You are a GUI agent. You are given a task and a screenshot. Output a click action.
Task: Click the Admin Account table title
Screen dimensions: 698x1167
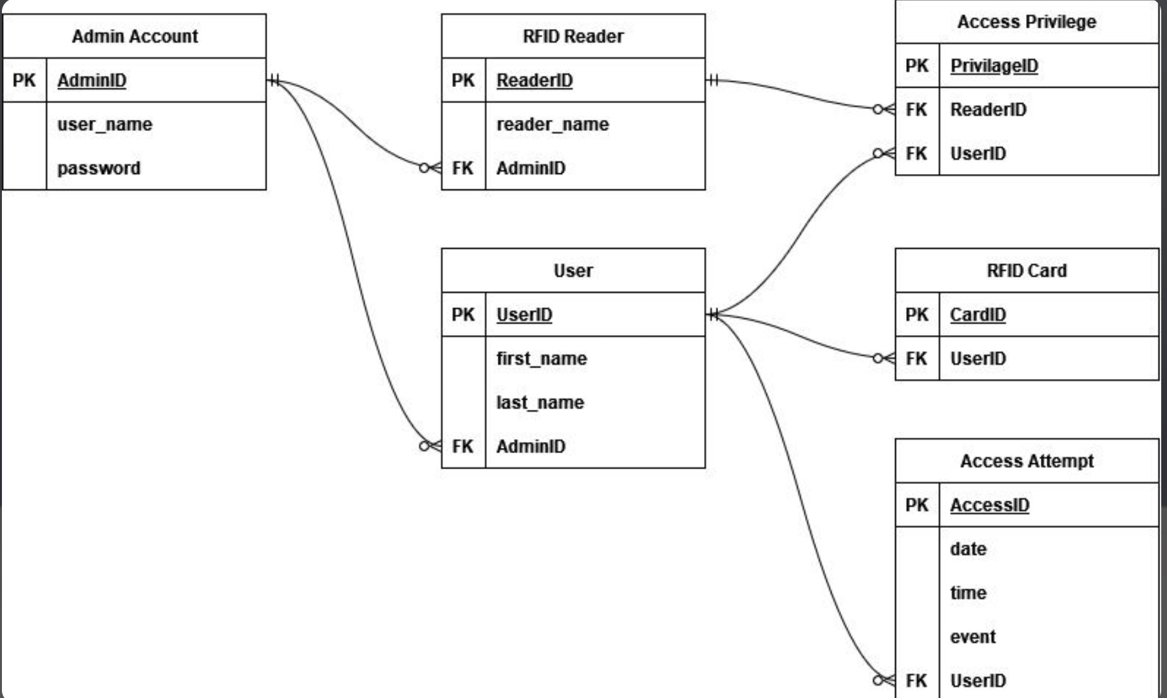(135, 36)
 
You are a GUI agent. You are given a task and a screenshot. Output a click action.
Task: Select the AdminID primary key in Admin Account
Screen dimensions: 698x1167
(91, 81)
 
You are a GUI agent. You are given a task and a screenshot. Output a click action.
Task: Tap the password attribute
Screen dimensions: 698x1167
(99, 168)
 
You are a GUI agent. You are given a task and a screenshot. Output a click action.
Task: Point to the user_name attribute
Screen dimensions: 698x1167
(104, 124)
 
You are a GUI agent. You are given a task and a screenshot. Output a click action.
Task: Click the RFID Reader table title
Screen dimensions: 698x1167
(573, 36)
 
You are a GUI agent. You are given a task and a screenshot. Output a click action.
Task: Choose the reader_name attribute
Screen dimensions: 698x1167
(552, 124)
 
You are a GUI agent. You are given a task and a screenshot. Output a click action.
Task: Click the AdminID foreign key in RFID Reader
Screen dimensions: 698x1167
(531, 168)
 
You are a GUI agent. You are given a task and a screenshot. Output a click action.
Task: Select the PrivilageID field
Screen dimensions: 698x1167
(994, 66)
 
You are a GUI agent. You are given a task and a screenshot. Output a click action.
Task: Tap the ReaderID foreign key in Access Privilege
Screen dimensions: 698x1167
(988, 110)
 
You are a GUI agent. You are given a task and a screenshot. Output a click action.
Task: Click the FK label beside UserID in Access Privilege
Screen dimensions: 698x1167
(916, 153)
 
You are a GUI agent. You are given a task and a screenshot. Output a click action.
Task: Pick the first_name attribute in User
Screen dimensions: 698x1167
(541, 358)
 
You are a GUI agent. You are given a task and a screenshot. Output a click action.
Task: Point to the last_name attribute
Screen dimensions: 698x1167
(540, 402)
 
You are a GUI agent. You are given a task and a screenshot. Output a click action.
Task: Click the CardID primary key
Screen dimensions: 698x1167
(977, 315)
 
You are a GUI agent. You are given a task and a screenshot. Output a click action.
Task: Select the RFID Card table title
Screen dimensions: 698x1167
(1026, 271)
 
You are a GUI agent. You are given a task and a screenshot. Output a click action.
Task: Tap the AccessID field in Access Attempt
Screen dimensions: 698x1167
(989, 505)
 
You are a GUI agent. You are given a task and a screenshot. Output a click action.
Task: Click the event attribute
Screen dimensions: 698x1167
(972, 637)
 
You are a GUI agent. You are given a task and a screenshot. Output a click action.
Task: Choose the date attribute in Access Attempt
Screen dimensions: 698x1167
(968, 549)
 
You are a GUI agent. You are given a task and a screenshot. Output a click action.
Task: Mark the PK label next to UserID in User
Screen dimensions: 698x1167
(463, 315)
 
